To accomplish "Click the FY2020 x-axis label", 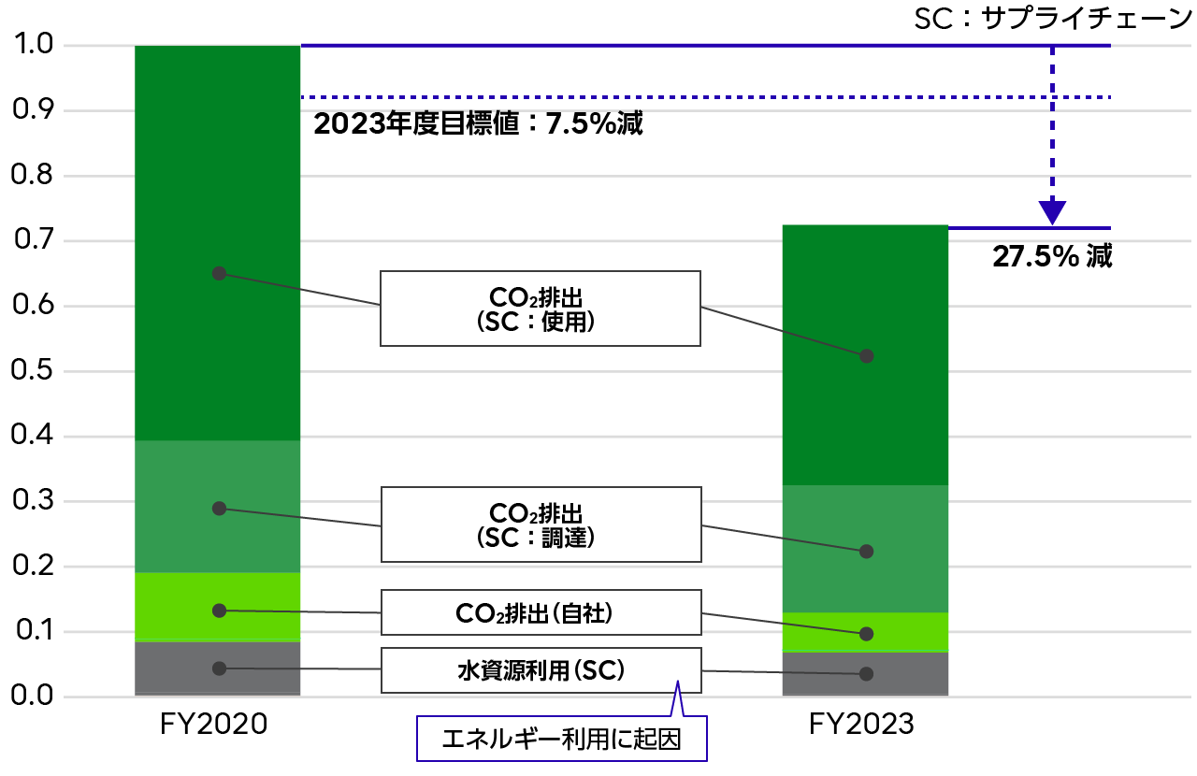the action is [213, 725].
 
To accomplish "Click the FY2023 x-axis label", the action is [861, 725].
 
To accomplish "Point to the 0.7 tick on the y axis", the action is [34, 239].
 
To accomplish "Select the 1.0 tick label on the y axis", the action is [34, 44].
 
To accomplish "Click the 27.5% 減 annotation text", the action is [1052, 256].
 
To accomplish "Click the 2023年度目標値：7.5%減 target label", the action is [478, 124].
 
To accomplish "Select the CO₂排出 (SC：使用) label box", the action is [541, 309].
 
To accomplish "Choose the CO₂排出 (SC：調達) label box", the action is [541, 525].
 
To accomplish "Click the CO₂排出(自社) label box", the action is [541, 612].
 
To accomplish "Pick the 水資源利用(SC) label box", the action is [541, 670].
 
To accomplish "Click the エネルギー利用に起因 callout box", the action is [562, 739].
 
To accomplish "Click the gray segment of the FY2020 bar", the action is [218, 668].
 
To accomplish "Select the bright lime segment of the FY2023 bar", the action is [865, 632].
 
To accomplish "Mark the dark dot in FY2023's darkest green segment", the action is [866, 356].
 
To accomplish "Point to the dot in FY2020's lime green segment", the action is [219, 611].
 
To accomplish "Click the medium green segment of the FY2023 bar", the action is [865, 549].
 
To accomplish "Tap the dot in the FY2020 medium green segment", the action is [219, 509].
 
